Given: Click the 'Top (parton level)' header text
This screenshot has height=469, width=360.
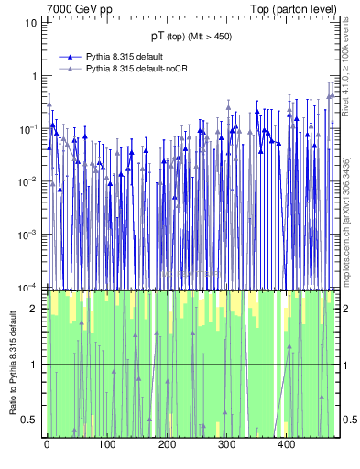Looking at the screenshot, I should [292, 8].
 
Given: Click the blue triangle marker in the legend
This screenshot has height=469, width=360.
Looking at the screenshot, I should [69, 57].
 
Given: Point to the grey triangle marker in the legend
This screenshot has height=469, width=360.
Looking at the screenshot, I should [69, 69].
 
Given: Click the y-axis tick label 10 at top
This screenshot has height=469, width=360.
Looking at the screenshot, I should [31, 22].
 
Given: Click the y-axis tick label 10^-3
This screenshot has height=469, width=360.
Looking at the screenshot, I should [29, 234].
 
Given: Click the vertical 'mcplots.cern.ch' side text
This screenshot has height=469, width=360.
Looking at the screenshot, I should [347, 229].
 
